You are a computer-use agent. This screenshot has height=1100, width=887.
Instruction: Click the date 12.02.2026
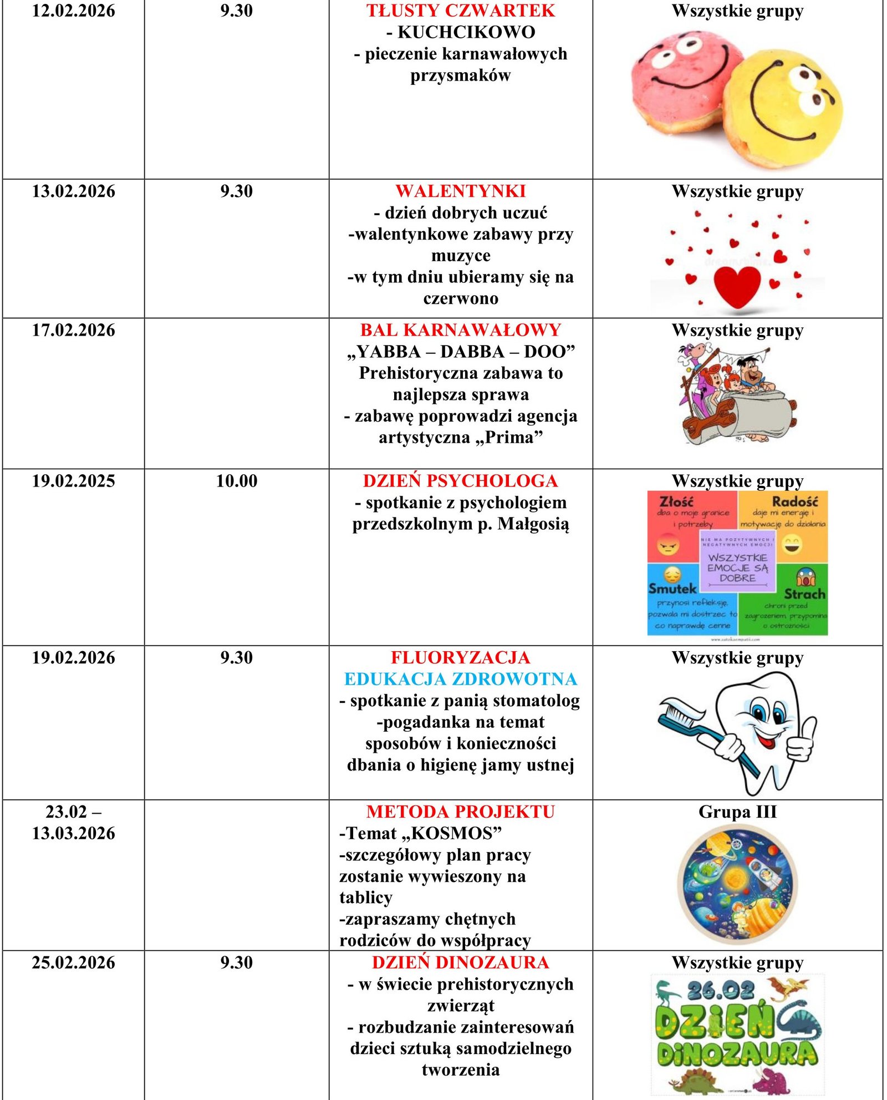(73, 11)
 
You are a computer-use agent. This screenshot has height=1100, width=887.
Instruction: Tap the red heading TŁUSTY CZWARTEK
(460, 11)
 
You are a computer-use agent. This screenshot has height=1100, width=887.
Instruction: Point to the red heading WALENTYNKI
(460, 191)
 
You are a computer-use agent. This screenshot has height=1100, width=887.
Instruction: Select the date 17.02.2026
(73, 331)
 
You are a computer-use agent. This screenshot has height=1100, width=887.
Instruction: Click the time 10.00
(237, 481)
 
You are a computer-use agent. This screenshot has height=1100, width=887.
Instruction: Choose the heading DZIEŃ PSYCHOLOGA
(460, 481)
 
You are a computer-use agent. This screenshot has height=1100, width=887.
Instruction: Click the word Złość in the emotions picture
(676, 501)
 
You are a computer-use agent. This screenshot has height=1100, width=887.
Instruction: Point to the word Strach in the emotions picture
(804, 594)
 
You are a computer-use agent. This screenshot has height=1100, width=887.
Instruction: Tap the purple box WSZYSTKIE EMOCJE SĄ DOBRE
(737, 567)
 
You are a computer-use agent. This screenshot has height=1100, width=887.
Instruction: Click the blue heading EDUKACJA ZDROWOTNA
(460, 679)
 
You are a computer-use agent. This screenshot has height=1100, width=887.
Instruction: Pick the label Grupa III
(737, 812)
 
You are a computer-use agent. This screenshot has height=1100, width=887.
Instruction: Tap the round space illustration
(737, 884)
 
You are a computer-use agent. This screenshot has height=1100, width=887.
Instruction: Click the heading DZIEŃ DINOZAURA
(460, 962)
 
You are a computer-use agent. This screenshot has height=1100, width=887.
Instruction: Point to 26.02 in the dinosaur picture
(721, 991)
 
